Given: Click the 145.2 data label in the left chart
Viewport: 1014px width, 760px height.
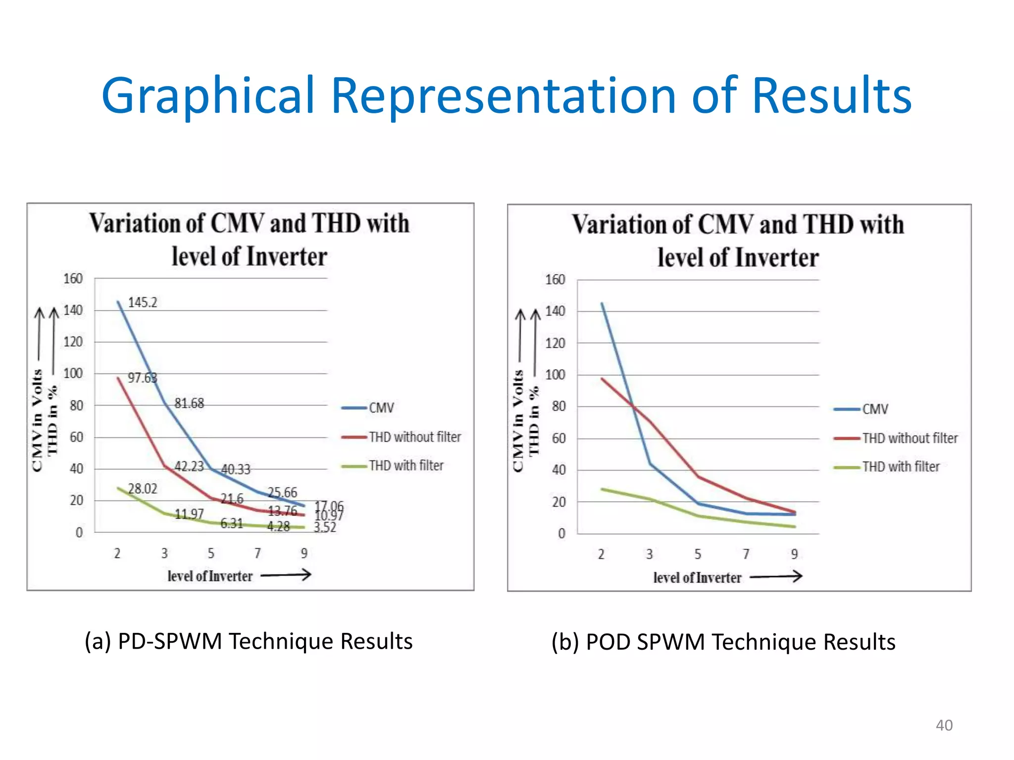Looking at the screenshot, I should pos(143,302).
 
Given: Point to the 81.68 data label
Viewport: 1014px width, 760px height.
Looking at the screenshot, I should pos(189,403).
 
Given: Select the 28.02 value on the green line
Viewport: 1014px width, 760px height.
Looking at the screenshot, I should pos(143,489).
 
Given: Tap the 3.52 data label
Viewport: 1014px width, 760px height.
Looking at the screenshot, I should pos(325,527).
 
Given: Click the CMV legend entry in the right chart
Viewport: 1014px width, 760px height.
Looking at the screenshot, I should pos(875,409).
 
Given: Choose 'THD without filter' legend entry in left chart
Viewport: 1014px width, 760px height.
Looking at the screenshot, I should pos(414,437).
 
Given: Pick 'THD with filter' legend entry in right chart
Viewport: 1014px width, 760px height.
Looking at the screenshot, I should pos(901,467).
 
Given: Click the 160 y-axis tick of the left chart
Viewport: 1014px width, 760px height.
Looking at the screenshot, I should pos(73,279).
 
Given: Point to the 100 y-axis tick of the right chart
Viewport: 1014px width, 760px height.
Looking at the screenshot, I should pos(555,375).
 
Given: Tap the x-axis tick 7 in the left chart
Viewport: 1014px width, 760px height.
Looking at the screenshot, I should pos(257,553).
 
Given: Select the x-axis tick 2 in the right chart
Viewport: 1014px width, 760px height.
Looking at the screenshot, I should pos(601,554).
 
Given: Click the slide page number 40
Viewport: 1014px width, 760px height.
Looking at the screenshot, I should pos(944,725).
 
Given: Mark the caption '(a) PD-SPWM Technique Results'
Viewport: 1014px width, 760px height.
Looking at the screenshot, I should pos(249,641).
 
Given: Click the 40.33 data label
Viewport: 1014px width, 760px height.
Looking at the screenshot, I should pos(236,469).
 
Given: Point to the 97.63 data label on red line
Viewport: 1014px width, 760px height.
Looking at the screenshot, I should pos(142,378).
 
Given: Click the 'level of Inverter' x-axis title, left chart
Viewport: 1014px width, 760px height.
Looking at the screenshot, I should pos(210,576).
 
